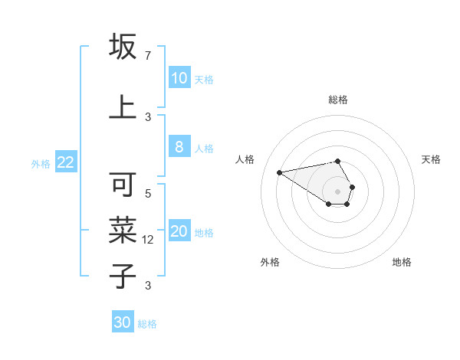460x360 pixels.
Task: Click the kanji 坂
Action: pyautogui.click(x=123, y=47)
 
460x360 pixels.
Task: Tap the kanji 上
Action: pyautogui.click(x=123, y=107)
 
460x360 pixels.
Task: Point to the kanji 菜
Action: pyautogui.click(x=123, y=231)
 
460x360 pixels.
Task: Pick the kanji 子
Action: pyautogui.click(x=123, y=275)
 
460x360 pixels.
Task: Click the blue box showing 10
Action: pyautogui.click(x=179, y=78)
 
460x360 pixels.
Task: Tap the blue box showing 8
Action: pyautogui.click(x=179, y=147)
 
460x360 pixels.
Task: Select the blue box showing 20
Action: pyautogui.click(x=179, y=232)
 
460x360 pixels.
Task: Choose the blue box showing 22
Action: pyautogui.click(x=65, y=162)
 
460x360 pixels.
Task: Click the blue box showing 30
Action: pyautogui.click(x=123, y=322)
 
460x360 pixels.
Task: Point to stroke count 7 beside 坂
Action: pyautogui.click(x=147, y=56)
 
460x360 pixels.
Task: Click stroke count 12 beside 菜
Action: pyautogui.click(x=149, y=240)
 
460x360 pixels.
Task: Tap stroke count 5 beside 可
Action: pyautogui.click(x=148, y=194)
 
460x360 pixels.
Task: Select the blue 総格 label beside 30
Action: pyautogui.click(x=147, y=324)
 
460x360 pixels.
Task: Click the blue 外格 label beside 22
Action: pyautogui.click(x=41, y=163)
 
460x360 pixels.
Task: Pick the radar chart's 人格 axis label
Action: pyautogui.click(x=245, y=159)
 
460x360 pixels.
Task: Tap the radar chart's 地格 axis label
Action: pyautogui.click(x=402, y=262)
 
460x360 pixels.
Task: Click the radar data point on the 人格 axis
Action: pyautogui.click(x=280, y=172)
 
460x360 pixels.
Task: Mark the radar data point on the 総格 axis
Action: pyautogui.click(x=337, y=161)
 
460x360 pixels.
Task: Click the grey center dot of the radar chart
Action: pyautogui.click(x=337, y=191)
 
